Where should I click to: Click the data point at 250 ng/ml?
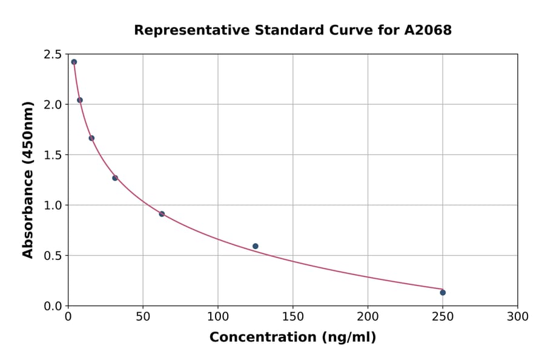point(443,292)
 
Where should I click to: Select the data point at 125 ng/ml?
point(256,246)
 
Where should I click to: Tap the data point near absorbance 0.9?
point(162,214)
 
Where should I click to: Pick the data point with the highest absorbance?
point(74,62)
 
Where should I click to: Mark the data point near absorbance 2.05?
point(80,100)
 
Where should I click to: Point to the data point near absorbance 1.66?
point(91,138)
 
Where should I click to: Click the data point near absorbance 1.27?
point(115,178)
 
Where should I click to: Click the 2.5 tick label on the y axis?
point(52,55)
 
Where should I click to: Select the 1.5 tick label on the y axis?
point(52,155)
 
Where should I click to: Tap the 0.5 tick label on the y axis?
point(52,256)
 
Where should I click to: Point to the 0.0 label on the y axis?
point(52,306)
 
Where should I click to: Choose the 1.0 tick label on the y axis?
point(52,205)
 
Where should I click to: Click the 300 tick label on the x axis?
point(517,317)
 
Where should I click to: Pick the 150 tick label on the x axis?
point(292,317)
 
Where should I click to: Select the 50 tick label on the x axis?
point(143,317)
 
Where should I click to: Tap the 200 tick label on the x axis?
point(368,317)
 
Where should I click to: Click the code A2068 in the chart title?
point(428,30)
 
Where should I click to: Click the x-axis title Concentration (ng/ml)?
point(292,338)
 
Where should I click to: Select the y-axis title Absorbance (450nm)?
point(28,179)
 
